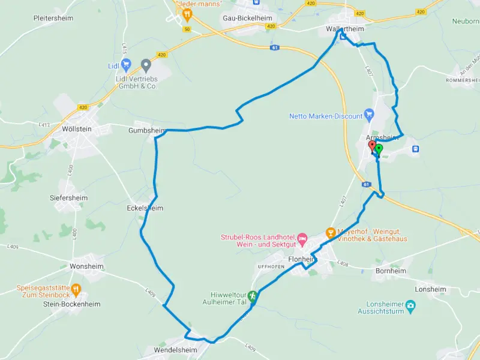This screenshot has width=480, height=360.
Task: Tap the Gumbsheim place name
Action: coord(146,130)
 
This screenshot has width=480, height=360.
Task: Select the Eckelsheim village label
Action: coord(145,208)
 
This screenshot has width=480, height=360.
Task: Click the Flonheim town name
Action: coord(301,259)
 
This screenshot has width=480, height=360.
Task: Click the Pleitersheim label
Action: coord(54,18)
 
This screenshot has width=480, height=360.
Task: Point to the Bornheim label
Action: coord(390,271)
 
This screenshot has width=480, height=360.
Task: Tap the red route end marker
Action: coord(372,146)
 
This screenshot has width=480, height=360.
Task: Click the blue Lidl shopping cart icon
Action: coord(125,64)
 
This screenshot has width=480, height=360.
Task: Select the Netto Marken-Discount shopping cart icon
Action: coord(370,114)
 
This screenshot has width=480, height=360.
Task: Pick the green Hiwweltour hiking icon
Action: coord(253,295)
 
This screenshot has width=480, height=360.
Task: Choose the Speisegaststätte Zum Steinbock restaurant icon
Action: coord(76,290)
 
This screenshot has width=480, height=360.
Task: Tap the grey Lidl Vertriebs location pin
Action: coord(145,64)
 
